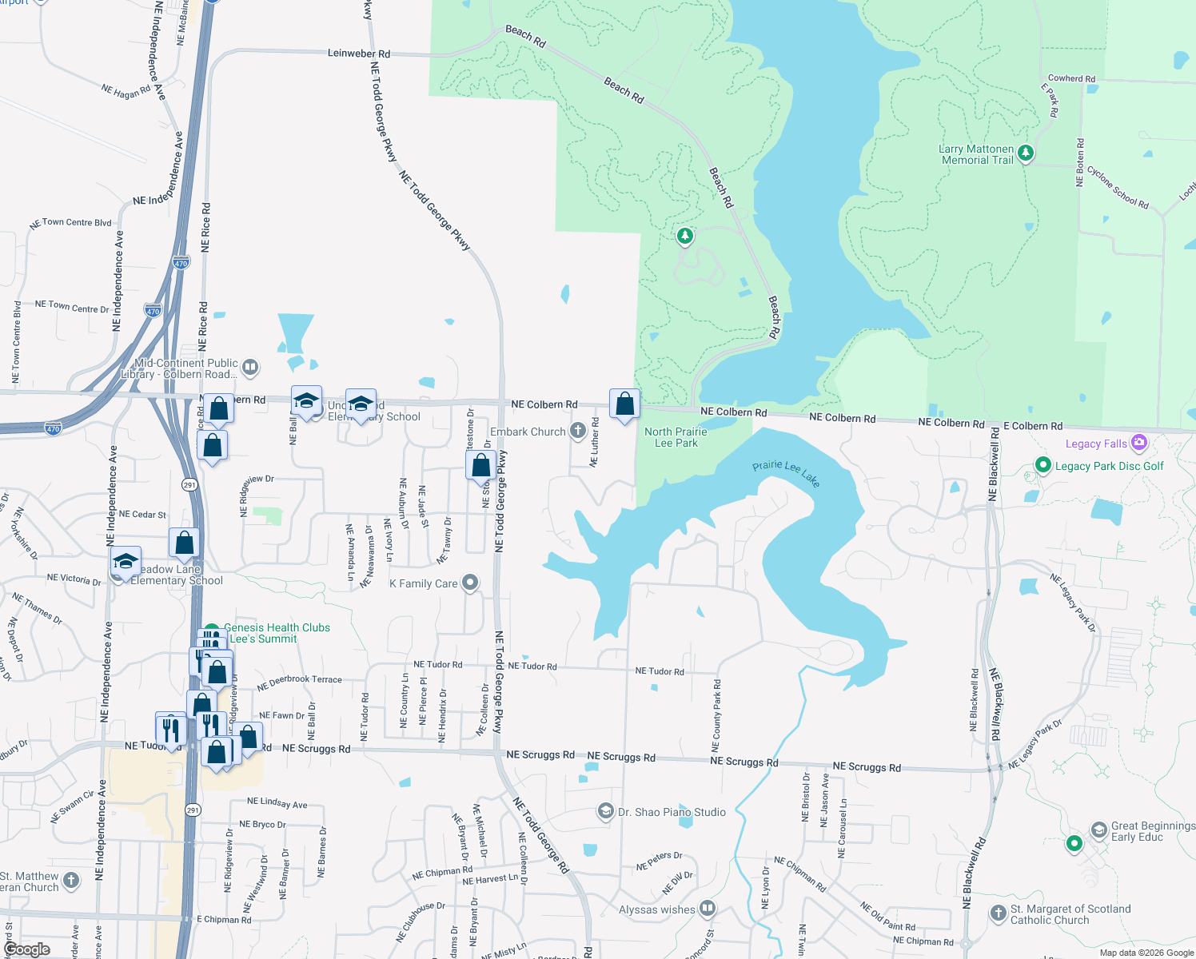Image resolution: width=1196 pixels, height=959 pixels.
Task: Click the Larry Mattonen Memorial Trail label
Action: tap(976, 155)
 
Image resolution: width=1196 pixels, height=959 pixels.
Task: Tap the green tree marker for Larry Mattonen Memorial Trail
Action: tap(1026, 153)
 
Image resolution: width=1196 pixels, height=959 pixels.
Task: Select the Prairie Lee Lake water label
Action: tap(786, 472)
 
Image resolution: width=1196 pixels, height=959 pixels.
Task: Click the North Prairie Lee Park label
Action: tap(676, 437)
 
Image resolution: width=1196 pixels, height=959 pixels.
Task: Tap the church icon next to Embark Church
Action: tap(577, 432)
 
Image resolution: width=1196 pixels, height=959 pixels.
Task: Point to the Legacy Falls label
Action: tap(1096, 444)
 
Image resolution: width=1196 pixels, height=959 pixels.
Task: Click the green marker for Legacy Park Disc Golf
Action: tap(1043, 465)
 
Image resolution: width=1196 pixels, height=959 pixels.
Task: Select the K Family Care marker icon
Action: tap(470, 583)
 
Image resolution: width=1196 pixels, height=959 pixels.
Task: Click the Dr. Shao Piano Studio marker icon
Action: tap(606, 812)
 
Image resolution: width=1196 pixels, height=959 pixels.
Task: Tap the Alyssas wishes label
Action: tap(657, 909)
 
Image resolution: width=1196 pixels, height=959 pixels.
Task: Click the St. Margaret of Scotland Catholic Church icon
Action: tap(998, 913)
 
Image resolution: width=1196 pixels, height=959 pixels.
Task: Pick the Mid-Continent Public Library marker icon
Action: tap(250, 368)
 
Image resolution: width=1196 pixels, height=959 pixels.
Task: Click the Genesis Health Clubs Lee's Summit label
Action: tap(277, 633)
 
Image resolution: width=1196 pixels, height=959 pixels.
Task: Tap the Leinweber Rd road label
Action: tap(359, 54)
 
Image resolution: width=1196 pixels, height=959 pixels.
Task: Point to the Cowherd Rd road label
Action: tap(1071, 78)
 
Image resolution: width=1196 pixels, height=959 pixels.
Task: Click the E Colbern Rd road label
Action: tap(1033, 426)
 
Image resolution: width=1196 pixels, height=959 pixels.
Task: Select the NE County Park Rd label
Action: tap(716, 716)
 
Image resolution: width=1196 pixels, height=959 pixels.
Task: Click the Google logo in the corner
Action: tap(27, 949)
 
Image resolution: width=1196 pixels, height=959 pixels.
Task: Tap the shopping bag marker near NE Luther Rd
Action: tap(624, 404)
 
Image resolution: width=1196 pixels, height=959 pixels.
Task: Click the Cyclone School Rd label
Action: tap(1118, 188)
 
